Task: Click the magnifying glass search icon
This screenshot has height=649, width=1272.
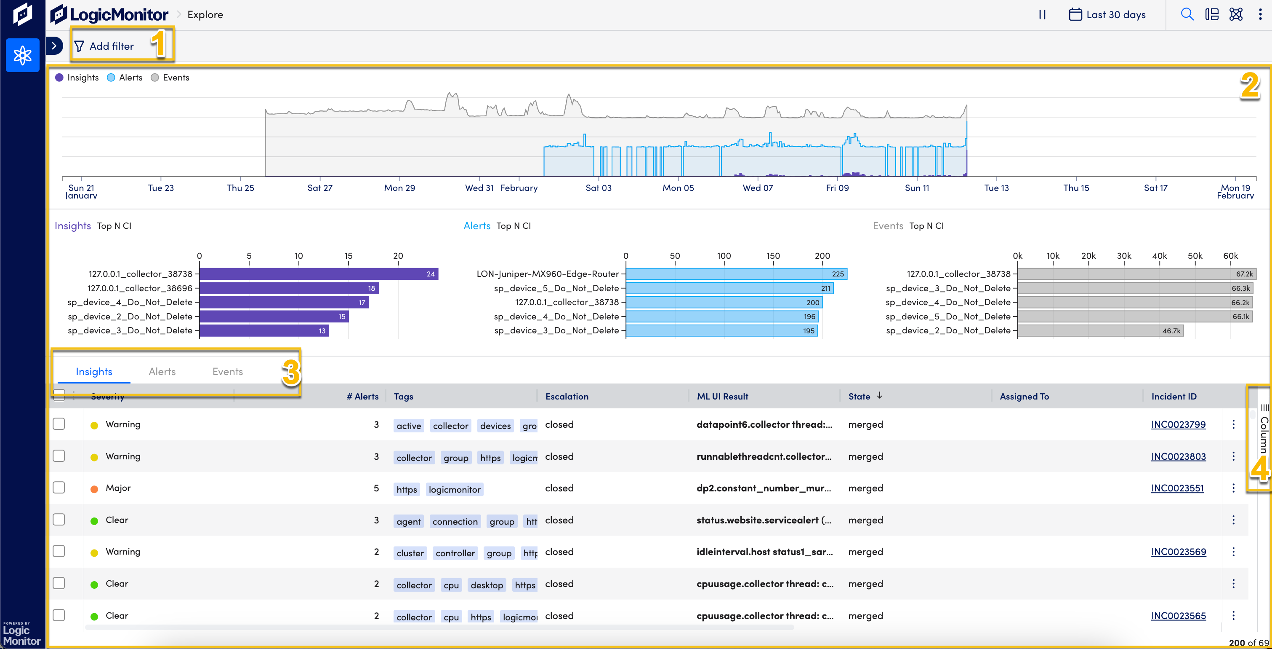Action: click(1187, 14)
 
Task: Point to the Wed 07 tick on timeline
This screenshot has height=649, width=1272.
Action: click(758, 188)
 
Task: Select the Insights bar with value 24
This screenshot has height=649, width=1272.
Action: click(319, 274)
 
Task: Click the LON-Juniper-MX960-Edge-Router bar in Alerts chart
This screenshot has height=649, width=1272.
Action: click(736, 274)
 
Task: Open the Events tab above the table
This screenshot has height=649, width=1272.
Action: click(228, 371)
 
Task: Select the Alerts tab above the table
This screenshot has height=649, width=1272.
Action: click(162, 371)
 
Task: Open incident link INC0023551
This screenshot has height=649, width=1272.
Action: click(1177, 488)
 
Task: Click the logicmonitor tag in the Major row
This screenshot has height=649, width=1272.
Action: click(454, 489)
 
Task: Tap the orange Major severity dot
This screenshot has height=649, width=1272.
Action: click(94, 489)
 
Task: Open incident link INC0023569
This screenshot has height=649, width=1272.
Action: click(1178, 552)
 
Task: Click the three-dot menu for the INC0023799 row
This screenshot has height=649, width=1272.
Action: click(1233, 424)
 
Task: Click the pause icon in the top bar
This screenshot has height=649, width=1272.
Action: click(1042, 14)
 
